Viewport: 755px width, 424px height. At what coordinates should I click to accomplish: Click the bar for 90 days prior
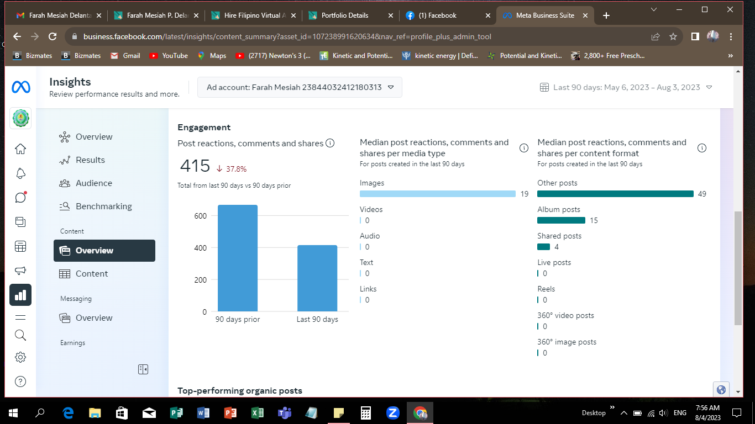coord(238,258)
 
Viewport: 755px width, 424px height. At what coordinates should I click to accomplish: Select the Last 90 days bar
coord(317,278)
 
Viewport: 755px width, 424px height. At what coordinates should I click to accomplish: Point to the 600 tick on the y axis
coord(201,216)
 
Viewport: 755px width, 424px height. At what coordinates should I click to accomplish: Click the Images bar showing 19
coord(437,194)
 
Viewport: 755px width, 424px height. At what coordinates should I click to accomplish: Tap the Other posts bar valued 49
coord(615,194)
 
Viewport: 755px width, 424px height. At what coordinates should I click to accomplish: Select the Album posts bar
coord(561,220)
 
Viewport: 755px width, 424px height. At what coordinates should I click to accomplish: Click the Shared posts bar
coord(543,247)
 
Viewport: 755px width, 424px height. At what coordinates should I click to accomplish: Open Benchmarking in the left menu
coord(103,206)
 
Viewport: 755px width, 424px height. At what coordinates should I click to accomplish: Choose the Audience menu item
coord(93,183)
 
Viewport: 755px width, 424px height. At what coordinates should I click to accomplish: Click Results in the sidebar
coord(90,160)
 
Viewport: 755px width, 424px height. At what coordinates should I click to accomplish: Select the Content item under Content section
coord(92,274)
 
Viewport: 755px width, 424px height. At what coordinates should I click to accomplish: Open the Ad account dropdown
coord(300,87)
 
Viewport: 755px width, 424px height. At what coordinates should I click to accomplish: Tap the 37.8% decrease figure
coord(232,169)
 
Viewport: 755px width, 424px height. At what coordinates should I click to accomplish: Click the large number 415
coord(195,166)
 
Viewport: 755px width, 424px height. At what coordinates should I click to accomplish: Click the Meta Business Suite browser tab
coord(544,15)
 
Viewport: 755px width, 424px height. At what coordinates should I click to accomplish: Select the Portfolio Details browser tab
coord(345,15)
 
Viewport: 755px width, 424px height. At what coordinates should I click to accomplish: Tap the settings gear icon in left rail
coord(20,357)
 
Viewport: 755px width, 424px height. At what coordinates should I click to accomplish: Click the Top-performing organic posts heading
coord(240,391)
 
